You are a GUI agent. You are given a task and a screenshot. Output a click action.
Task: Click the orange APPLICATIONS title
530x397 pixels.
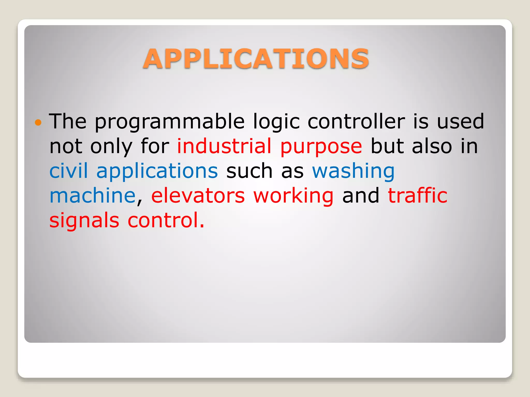point(256,59)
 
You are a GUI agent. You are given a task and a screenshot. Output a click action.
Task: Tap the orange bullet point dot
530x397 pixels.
point(38,122)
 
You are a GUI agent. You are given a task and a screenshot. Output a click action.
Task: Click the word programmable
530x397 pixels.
point(170,121)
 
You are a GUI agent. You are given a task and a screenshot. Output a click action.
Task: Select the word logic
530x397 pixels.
point(276,121)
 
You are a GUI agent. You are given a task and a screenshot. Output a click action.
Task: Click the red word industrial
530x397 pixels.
point(224,146)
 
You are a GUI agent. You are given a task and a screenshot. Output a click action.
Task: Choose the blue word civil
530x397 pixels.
point(69,171)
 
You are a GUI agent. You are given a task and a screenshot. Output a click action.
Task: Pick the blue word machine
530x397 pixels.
point(92,195)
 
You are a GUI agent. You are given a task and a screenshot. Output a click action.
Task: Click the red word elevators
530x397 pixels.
point(198,196)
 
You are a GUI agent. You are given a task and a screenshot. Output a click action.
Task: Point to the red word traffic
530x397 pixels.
point(417,195)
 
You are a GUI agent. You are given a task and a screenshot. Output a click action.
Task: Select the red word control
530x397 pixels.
point(166,220)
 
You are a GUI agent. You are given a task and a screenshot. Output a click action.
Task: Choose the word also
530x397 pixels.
point(432,146)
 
